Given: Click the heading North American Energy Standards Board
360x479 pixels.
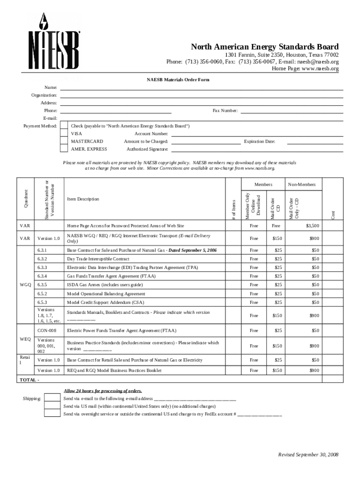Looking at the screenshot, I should pyautogui.click(x=265, y=47).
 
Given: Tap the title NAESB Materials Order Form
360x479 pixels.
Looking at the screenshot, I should pyautogui.click(x=178, y=80).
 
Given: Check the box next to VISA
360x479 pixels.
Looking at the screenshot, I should pyautogui.click(x=64, y=134).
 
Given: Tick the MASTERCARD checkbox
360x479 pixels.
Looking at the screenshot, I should pyautogui.click(x=64, y=141).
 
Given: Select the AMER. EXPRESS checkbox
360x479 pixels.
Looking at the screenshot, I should pyautogui.click(x=64, y=149).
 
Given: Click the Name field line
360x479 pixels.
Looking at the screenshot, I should pyautogui.click(x=202, y=87).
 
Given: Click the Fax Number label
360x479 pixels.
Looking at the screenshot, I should pyautogui.click(x=225, y=111).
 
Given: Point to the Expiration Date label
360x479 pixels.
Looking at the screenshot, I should pyautogui.click(x=259, y=141).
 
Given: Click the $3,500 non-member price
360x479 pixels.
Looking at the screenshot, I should pyautogui.click(x=312, y=226).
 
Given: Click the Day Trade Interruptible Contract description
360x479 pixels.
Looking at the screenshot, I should pyautogui.click(x=98, y=259).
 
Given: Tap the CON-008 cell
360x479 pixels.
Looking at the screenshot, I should pyautogui.click(x=47, y=331).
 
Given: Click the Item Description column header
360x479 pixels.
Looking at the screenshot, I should pyautogui.click(x=83, y=199).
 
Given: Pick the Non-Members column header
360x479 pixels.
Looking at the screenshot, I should pyautogui.click(x=302, y=185).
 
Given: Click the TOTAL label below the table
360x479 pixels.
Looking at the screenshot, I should pyautogui.click(x=28, y=380).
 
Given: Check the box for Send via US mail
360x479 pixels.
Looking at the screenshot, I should pyautogui.click(x=52, y=406).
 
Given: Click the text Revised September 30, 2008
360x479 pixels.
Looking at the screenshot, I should pyautogui.click(x=308, y=455).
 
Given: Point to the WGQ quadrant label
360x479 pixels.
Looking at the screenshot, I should pyautogui.click(x=25, y=285).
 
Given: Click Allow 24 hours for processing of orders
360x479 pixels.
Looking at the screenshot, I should pyautogui.click(x=103, y=391).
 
